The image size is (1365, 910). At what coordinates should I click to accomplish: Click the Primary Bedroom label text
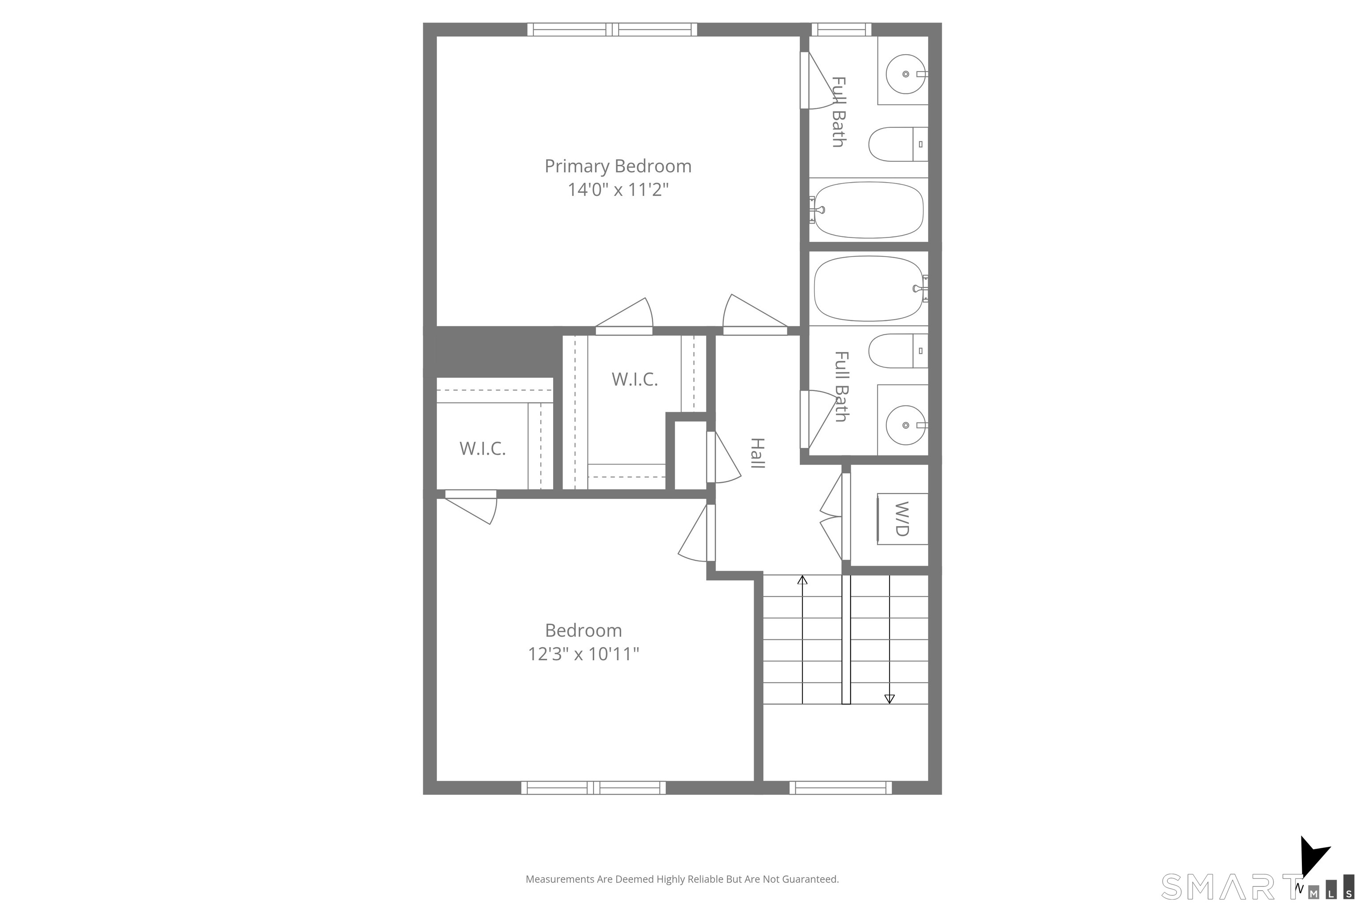(618, 167)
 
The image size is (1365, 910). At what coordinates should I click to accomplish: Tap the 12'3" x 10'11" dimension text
(583, 654)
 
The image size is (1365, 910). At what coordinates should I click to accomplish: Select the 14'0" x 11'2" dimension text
(618, 190)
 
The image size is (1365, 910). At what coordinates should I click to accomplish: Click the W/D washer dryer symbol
(902, 519)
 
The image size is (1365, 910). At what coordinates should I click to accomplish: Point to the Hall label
(757, 453)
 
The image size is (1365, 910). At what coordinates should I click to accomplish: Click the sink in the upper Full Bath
(906, 74)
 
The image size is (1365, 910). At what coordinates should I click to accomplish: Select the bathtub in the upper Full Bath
(868, 210)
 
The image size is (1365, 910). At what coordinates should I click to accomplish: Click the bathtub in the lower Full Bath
(869, 288)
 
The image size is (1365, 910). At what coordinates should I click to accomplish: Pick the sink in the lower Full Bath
(906, 425)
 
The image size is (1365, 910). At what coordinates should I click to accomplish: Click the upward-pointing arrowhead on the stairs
(802, 580)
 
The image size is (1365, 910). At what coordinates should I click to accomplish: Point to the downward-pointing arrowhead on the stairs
(889, 699)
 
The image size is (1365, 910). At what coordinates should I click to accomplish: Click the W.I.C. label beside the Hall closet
(635, 379)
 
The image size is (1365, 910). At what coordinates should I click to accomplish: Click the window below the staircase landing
(840, 787)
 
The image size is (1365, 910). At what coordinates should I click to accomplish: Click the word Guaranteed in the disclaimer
(810, 879)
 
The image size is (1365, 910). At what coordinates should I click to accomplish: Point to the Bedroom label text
(583, 630)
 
